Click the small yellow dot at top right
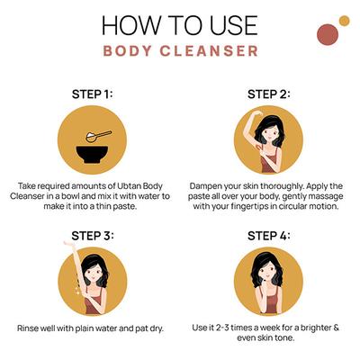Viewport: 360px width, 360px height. pos(343,20)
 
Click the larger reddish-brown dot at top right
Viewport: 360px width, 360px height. pos(328,34)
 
